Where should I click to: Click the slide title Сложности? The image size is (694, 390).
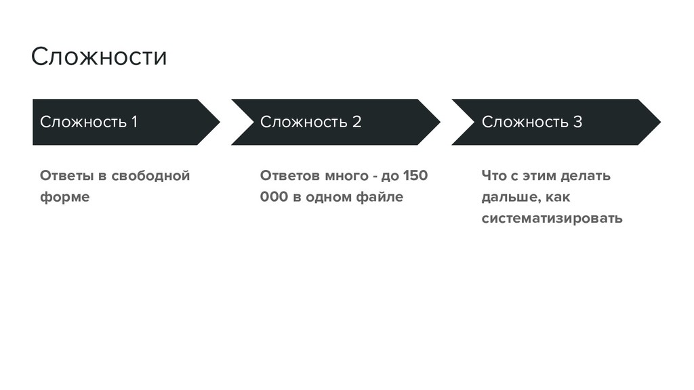[98, 57]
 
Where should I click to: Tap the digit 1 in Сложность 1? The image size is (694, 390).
[134, 122]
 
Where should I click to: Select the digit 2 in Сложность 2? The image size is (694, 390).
[356, 122]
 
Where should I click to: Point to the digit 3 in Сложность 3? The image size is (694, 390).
[577, 122]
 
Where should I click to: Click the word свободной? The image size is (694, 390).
[150, 176]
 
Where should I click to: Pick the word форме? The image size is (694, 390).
[64, 198]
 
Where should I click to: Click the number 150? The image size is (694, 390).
[415, 176]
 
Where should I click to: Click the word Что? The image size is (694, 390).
[493, 176]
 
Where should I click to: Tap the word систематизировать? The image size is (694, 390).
[552, 219]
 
